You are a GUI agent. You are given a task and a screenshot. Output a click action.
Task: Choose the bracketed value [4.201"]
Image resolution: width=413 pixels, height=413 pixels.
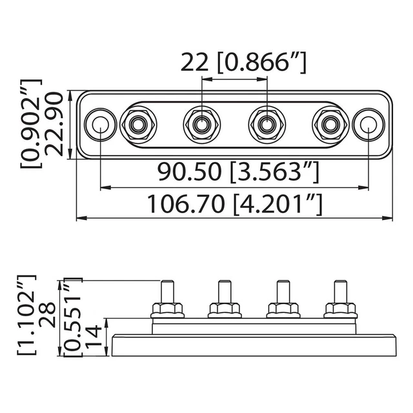(x=277, y=205)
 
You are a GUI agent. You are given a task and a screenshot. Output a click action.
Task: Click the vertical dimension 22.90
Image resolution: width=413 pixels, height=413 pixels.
(x=55, y=124)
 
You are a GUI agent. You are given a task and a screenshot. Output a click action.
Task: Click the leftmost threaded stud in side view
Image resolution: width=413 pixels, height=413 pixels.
(x=166, y=292)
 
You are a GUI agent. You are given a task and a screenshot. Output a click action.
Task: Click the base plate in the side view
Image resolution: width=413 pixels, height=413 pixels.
(x=253, y=345)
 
